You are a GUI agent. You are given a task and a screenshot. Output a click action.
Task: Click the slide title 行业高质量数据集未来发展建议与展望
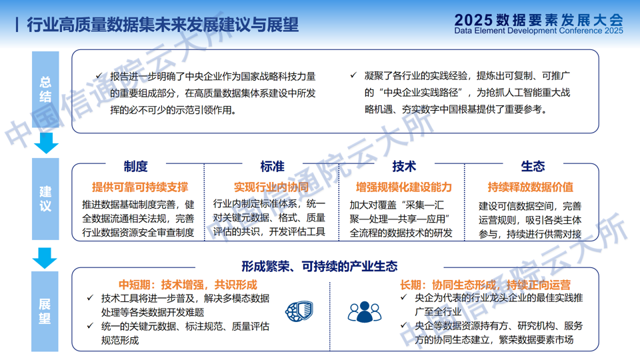[163, 25]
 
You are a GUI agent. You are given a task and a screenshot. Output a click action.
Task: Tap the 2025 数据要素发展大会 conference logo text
[539, 19]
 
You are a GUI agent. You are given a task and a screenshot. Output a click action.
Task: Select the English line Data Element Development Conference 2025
[539, 31]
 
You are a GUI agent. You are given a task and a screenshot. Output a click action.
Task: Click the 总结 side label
[45, 89]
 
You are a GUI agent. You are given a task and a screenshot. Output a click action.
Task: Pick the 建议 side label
[45, 199]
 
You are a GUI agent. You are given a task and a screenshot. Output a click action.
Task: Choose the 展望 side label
[45, 311]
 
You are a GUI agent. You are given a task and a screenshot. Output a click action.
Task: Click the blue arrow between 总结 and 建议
[46, 143]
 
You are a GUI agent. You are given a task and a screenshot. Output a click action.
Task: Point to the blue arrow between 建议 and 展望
[45, 258]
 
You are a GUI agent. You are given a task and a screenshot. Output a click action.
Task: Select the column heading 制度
[135, 166]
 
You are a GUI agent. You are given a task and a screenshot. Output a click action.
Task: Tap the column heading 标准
[272, 166]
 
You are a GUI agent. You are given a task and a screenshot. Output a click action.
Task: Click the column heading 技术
[404, 166]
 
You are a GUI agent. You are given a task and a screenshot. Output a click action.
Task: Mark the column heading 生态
[533, 166]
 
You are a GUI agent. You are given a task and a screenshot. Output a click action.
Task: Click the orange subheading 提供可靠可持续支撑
[140, 187]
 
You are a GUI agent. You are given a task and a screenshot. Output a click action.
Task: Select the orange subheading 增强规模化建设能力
[404, 187]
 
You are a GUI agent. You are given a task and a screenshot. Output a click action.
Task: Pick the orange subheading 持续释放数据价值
[531, 187]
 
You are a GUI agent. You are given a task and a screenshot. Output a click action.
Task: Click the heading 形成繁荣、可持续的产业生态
[319, 267]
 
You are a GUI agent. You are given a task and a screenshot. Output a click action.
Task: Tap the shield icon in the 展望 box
[299, 311]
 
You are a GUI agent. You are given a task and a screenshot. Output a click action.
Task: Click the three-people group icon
[365, 312]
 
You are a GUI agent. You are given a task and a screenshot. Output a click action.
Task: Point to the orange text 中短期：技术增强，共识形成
[188, 285]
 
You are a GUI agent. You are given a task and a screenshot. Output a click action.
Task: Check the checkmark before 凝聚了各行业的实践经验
[353, 75]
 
